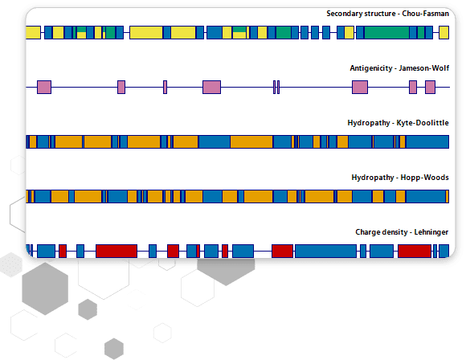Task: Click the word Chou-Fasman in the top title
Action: [425, 14]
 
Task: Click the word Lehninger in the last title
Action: [431, 232]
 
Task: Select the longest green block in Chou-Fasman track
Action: [386, 32]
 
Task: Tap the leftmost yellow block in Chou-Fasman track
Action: [33, 32]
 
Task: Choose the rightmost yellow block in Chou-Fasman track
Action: [444, 32]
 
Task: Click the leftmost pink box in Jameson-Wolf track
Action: [44, 87]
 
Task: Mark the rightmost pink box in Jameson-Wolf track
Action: [430, 87]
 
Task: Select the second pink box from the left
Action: [121, 87]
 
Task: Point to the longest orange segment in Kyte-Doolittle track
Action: [251, 141]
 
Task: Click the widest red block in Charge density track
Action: [117, 252]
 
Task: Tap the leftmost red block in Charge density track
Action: [63, 252]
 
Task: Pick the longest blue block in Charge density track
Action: [325, 252]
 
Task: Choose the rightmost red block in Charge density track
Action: [415, 252]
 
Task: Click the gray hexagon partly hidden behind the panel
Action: [226, 271]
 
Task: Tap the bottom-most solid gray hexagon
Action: [114, 349]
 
